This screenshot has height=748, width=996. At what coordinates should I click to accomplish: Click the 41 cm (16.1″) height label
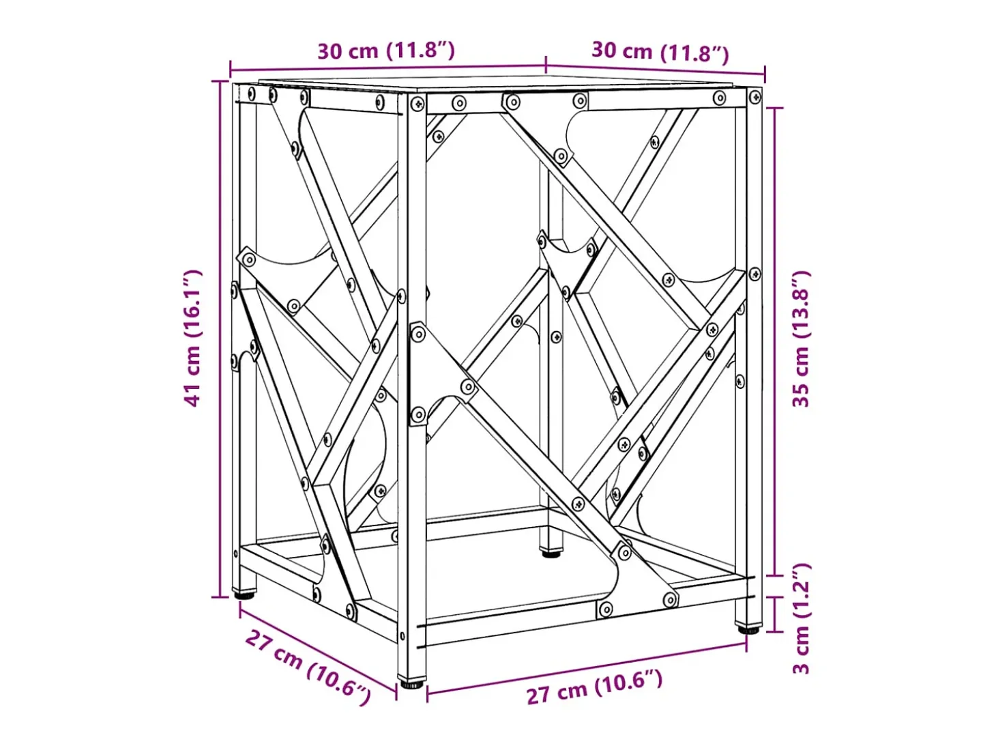tap(192, 338)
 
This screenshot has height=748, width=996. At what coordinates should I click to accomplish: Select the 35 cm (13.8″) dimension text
tap(801, 339)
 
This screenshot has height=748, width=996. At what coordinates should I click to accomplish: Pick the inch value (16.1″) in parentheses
tap(192, 302)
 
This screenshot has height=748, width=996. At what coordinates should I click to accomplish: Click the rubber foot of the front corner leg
tap(412, 682)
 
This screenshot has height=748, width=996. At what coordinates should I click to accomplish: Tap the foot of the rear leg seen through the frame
tap(551, 553)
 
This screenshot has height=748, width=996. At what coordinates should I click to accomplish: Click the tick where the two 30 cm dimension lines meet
tap(546, 65)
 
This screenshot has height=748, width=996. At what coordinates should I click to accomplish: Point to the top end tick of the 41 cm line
tap(220, 81)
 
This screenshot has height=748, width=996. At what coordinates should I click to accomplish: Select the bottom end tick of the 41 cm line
tap(220, 597)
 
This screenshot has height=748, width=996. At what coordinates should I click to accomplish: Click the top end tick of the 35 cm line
tap(774, 108)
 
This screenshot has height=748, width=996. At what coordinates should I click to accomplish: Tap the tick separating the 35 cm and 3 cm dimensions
tap(774, 576)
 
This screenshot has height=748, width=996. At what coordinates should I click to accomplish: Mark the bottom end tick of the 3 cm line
tap(774, 631)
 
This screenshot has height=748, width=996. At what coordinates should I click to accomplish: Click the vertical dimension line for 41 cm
tap(220, 339)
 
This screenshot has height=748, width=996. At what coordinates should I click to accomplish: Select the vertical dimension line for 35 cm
tap(774, 342)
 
